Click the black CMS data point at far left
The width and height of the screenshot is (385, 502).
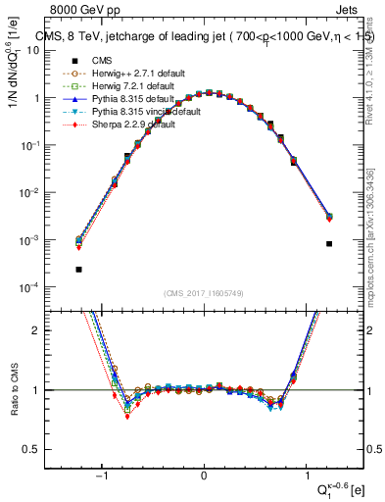pyautogui.click(x=78, y=269)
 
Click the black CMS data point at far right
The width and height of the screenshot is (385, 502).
pyautogui.click(x=329, y=243)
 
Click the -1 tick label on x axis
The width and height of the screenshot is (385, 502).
pyautogui.click(x=103, y=477)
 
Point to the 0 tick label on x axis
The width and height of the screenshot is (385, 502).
pyautogui.click(x=204, y=477)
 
